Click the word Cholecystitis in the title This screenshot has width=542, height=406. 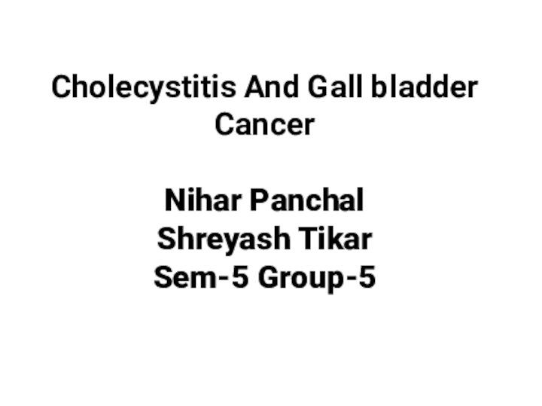(x=144, y=88)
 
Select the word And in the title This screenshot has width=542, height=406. (x=271, y=87)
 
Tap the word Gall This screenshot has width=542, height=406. (x=335, y=87)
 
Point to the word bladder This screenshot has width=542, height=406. (x=425, y=87)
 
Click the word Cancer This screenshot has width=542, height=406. (x=265, y=124)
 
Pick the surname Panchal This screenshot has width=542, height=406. (x=306, y=200)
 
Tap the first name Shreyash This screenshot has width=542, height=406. (x=224, y=240)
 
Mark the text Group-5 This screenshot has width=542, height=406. (x=317, y=279)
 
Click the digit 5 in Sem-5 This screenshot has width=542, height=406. (x=240, y=277)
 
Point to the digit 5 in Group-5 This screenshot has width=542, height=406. (x=367, y=277)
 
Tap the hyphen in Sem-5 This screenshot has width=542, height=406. (x=224, y=279)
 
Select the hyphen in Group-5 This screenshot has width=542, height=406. (x=351, y=279)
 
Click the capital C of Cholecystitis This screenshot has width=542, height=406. (x=61, y=87)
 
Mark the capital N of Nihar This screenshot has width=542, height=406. (x=175, y=200)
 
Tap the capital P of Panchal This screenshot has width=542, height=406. (x=258, y=200)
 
